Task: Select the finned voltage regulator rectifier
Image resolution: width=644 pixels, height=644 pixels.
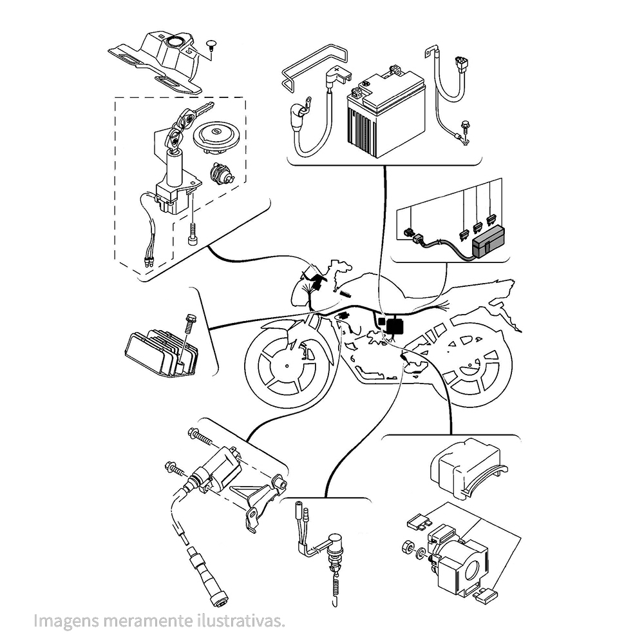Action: (x=162, y=353)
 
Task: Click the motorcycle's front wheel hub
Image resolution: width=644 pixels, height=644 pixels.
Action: (x=287, y=366)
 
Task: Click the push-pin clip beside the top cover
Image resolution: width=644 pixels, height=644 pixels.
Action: (x=212, y=45)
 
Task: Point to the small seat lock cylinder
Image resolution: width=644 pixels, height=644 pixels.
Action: (x=222, y=173)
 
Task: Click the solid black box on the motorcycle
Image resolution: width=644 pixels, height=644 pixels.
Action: (x=395, y=326)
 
